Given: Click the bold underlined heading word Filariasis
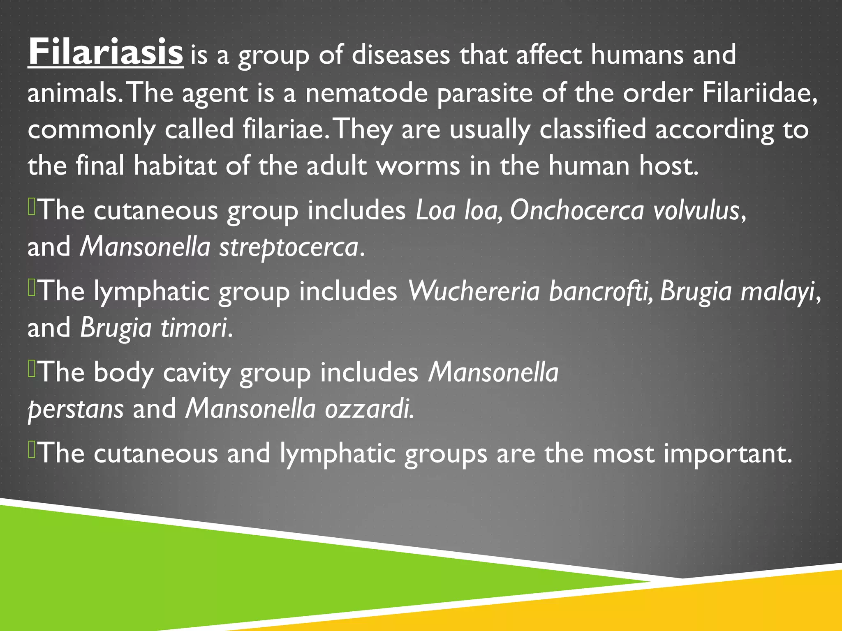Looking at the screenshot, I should coord(106,52).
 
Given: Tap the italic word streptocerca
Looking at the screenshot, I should coord(289,247).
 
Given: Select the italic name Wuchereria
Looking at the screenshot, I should coord(473,291).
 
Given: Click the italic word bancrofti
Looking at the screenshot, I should coord(600,291).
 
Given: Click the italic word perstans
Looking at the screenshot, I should coord(76,409).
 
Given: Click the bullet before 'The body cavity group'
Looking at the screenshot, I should coord(32,368).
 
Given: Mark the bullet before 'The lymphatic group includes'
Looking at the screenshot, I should coord(32,288).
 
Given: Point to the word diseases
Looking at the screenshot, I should coord(400,55).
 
